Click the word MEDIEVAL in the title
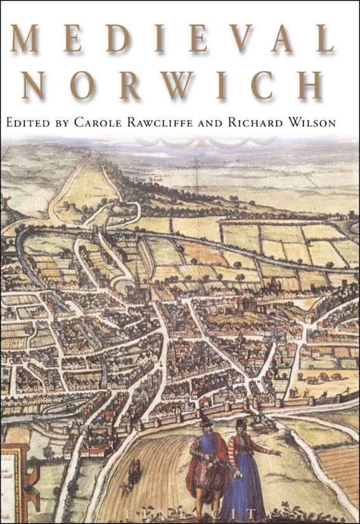172,39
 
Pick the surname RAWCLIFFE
175,123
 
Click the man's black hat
204,421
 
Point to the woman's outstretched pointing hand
274,454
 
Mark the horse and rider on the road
134,469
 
